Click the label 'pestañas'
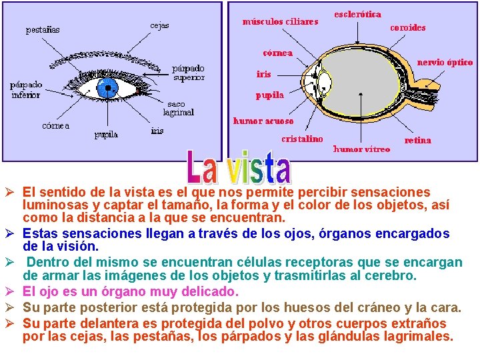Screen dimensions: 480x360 (x=43, y=29)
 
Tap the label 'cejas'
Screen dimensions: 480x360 (x=159, y=25)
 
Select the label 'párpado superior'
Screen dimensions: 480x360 (x=189, y=73)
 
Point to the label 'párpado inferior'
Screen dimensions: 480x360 (x=26, y=90)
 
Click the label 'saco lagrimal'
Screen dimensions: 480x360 (x=180, y=108)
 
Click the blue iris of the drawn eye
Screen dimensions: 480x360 (x=107, y=87)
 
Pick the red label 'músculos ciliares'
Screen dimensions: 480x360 (x=280, y=21)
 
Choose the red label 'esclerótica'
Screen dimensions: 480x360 (x=357, y=13)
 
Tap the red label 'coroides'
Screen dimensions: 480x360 (x=407, y=27)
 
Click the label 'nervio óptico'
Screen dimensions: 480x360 (x=445, y=62)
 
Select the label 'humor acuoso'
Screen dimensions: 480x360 (x=263, y=121)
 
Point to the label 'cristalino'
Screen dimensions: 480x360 (x=301, y=139)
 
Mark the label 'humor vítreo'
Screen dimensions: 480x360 (x=361, y=149)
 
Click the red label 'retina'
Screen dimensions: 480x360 (x=418, y=140)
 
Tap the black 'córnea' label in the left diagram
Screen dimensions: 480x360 (x=55, y=125)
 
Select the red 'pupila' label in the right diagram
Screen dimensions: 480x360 (x=269, y=95)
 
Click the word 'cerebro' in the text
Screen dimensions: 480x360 (x=389, y=275)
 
